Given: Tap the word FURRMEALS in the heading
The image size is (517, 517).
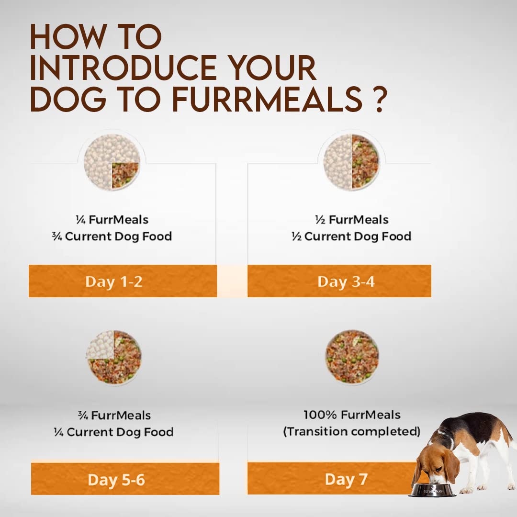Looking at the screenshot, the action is tap(268, 99).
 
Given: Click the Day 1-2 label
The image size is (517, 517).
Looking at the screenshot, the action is tap(114, 281).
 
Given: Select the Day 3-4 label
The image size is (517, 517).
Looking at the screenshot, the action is tap(346, 281).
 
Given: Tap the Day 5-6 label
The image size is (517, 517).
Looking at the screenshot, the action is tap(116, 480).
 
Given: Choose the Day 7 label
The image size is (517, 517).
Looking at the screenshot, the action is tap(346, 479).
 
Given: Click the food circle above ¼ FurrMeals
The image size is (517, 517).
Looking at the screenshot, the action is tap(112, 162).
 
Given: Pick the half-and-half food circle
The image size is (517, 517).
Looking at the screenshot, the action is tap(351, 162).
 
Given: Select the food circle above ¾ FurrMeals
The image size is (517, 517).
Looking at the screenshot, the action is tap(114, 358).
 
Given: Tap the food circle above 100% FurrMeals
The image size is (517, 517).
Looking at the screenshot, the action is tap(352, 357).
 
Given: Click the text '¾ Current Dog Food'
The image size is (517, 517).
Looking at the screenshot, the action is tap(112, 236).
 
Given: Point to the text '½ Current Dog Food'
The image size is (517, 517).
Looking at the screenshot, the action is tap(351, 236).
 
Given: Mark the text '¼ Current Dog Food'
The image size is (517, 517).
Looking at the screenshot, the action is tap(113, 432).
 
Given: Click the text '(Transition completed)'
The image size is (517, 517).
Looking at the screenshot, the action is tap(351, 431).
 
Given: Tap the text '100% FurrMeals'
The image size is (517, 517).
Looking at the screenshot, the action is tap(352, 415).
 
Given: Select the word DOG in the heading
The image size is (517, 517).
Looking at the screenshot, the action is tap(67, 99).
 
